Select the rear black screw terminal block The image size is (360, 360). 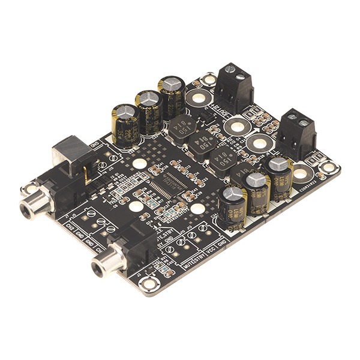[x=233, y=84]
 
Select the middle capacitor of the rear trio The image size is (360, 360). [x=148, y=109]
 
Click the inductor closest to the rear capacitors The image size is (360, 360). [x=179, y=126]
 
